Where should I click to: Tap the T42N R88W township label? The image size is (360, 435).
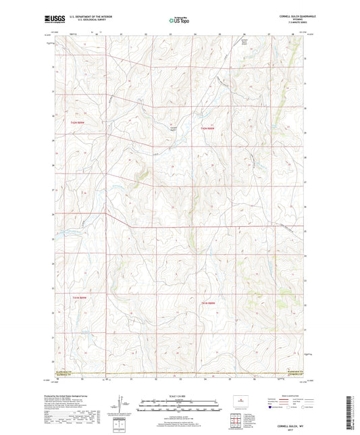tap(207, 128)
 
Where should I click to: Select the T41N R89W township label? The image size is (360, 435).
tap(79, 297)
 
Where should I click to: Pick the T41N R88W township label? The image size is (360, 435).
tap(207, 303)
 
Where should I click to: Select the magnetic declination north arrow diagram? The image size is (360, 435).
tap(120, 407)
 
